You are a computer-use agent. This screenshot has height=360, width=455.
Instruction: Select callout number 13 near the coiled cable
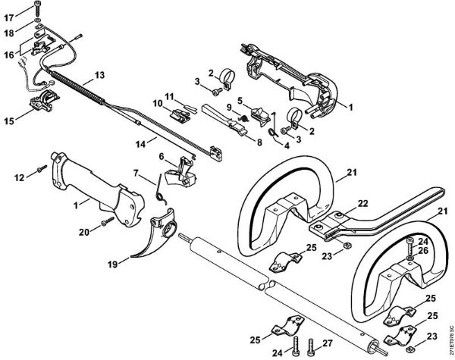point(99,75)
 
